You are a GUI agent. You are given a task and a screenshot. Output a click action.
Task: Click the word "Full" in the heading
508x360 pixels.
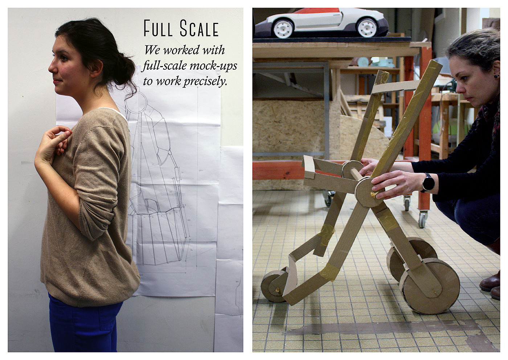158,28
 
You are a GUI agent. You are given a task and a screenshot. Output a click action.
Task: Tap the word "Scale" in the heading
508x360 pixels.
199,28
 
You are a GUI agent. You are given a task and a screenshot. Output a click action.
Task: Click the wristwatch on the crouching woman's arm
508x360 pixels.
428,183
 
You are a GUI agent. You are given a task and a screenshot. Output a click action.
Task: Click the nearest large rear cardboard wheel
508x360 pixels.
429,286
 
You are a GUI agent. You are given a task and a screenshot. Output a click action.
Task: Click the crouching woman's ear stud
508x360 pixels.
496,76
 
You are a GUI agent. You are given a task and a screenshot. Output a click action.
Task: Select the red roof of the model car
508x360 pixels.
317,11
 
